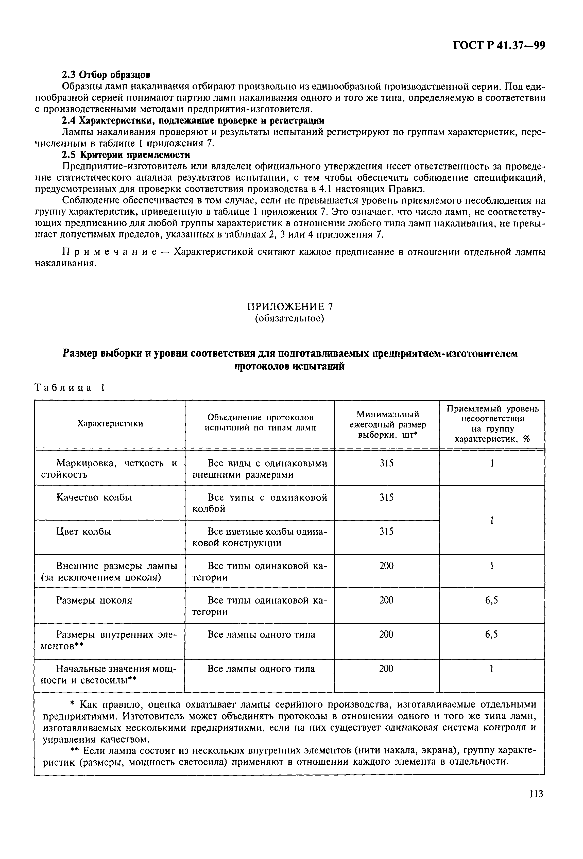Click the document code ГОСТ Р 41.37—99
tap(499, 45)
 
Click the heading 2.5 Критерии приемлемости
tap(126, 154)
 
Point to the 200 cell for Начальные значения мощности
tap(387, 669)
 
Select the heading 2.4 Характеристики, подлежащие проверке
tap(193, 121)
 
